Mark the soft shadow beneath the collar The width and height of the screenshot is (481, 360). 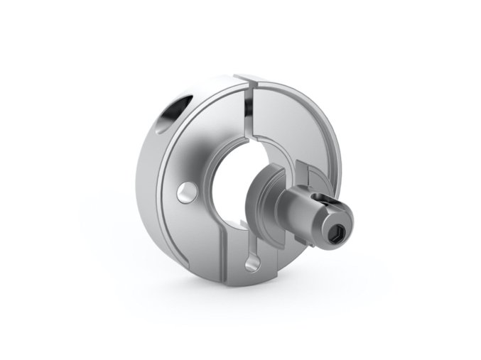point(234,298)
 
